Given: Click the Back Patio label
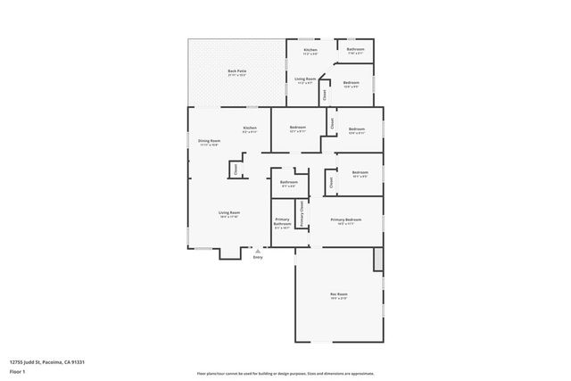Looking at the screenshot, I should pyautogui.click(x=236, y=70).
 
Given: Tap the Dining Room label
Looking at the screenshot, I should pyautogui.click(x=209, y=141).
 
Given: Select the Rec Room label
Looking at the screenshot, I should pyautogui.click(x=338, y=294).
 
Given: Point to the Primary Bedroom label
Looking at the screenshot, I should pyautogui.click(x=345, y=219).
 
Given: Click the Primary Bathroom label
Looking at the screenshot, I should pyautogui.click(x=282, y=223).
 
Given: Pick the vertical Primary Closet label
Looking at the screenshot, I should pyautogui.click(x=302, y=213).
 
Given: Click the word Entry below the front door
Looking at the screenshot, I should pyautogui.click(x=258, y=259).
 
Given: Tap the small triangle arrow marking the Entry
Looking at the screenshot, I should pyautogui.click(x=258, y=252).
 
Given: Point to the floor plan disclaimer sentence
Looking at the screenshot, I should pyautogui.click(x=285, y=373).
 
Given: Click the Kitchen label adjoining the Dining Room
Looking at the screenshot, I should pyautogui.click(x=250, y=128).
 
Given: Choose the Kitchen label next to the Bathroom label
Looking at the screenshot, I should pyautogui.click(x=310, y=50).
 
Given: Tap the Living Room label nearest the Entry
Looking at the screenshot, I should pyautogui.click(x=229, y=212).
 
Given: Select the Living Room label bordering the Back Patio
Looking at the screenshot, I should pyautogui.click(x=305, y=79).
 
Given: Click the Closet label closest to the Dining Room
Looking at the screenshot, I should pyautogui.click(x=236, y=167).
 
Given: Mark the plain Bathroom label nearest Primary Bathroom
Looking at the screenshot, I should pyautogui.click(x=288, y=183).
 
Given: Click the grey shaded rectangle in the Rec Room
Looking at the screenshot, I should pyautogui.click(x=378, y=260).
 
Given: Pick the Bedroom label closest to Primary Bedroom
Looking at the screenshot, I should pyautogui.click(x=360, y=172).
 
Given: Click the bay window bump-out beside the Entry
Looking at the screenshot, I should pyautogui.click(x=229, y=253).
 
